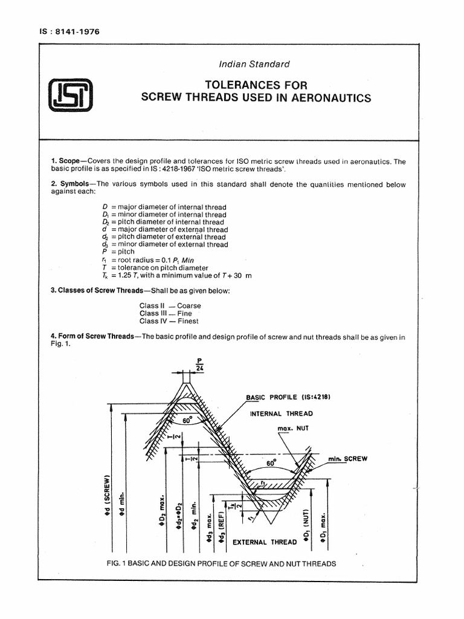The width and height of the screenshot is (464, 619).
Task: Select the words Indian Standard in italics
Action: point(255,63)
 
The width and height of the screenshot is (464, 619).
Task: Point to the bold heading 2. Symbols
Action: point(74,184)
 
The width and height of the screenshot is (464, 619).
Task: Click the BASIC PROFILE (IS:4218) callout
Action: point(289,397)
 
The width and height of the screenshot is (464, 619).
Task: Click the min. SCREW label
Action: point(348,459)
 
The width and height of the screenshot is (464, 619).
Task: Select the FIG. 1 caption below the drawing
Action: point(220,563)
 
